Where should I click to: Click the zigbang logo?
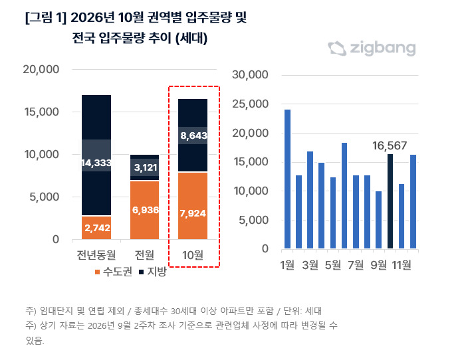coord(372,48)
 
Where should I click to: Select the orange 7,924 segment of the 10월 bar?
coord(193,206)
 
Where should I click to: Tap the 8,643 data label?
coord(193,135)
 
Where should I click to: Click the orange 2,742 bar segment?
coord(96,228)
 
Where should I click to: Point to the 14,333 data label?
coord(96,163)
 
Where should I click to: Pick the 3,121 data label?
coord(146,167)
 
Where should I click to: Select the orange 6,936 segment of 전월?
coord(145,210)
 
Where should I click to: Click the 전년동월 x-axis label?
coord(96,255)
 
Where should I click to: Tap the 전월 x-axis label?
coord(144,255)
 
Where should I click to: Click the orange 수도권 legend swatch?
coord(98,272)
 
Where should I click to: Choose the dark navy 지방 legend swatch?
coord(142,272)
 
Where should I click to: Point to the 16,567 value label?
coord(390,145)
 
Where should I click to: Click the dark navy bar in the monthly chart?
coord(390,201)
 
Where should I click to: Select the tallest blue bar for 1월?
coord(287,179)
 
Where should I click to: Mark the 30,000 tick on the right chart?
coord(250,75)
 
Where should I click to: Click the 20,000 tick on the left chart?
coord(41,70)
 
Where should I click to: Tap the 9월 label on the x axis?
coord(379,265)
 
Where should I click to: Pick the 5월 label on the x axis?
coord(333,265)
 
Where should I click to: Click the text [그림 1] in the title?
coord(46,17)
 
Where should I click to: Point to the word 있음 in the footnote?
coord(35,340)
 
